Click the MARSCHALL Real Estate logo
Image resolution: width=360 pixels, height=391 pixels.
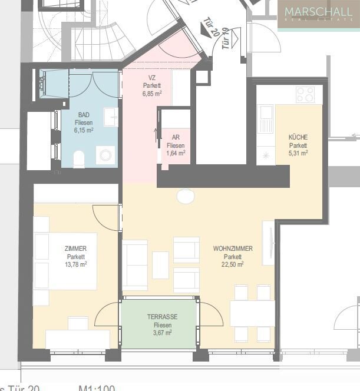point(319,15)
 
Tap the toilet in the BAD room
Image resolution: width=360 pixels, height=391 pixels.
point(78,158)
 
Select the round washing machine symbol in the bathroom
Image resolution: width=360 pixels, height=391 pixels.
point(105,155)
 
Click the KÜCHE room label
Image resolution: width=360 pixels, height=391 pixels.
point(298,137)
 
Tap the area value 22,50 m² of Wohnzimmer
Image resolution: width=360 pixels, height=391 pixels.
point(233,264)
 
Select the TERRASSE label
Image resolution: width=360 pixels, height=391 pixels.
point(162,317)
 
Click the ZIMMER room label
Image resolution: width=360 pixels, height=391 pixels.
point(76,248)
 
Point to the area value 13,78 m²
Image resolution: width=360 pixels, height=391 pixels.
point(76,264)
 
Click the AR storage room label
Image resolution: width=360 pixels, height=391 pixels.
point(176,137)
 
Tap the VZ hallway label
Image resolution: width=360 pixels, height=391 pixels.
point(151,77)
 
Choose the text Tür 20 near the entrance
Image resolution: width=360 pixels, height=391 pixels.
point(212,25)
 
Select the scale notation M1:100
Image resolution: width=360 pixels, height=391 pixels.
point(97,387)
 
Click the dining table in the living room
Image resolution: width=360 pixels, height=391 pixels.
point(252,313)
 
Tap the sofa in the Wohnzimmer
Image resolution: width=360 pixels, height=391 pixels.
point(135,265)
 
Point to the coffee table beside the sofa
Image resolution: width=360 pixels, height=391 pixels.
point(160,265)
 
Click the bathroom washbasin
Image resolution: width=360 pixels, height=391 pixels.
point(111,117)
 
